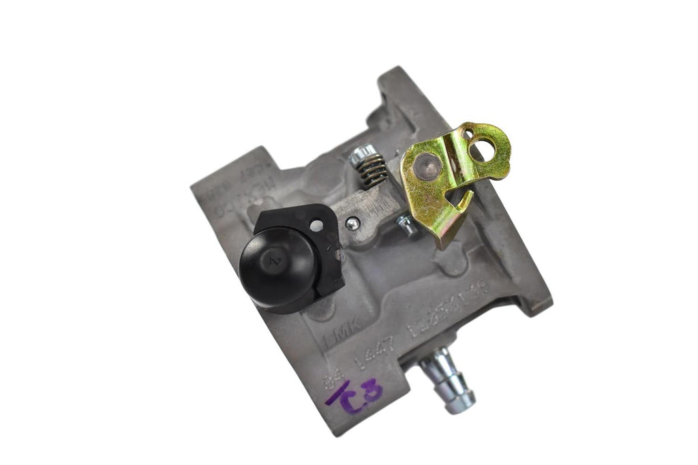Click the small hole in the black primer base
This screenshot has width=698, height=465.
(316, 224)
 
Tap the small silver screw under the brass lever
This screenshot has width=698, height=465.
(407, 224)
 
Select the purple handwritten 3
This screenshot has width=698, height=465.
(373, 392)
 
